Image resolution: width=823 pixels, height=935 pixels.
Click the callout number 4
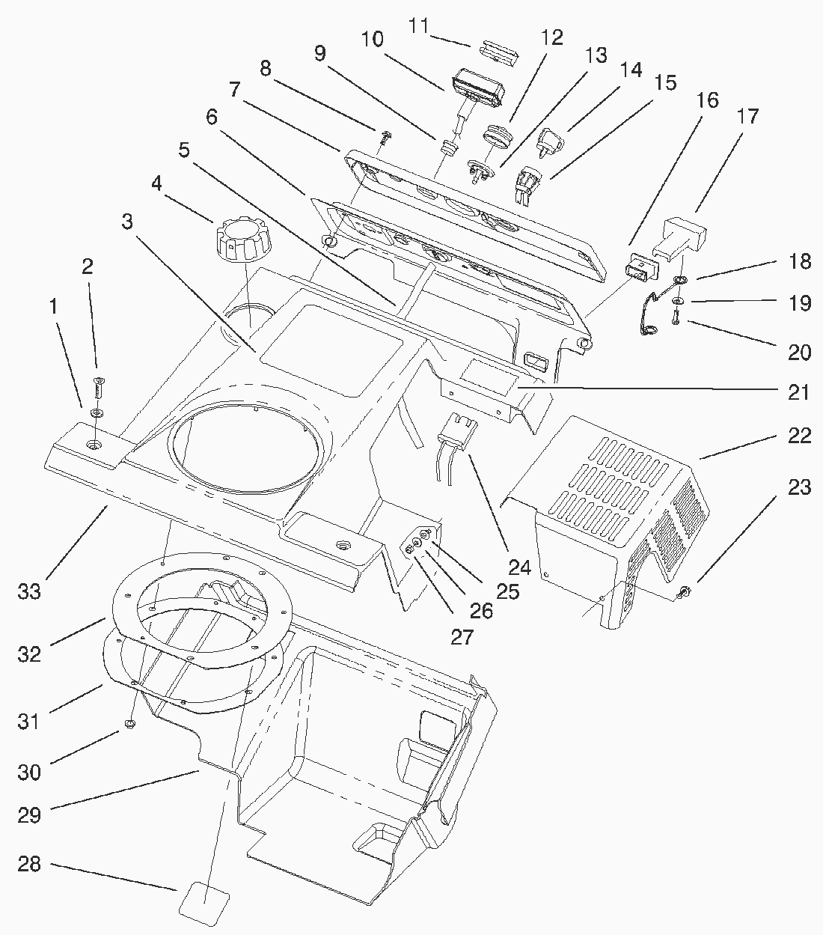pyautogui.click(x=156, y=183)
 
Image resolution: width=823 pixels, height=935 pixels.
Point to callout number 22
pyautogui.click(x=799, y=436)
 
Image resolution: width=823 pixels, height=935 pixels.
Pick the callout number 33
pyautogui.click(x=30, y=591)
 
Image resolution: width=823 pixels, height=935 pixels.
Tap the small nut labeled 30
pyautogui.click(x=129, y=724)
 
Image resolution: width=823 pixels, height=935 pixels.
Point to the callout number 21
pyautogui.click(x=799, y=391)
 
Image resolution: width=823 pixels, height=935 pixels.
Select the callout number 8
pyautogui.click(x=265, y=67)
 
